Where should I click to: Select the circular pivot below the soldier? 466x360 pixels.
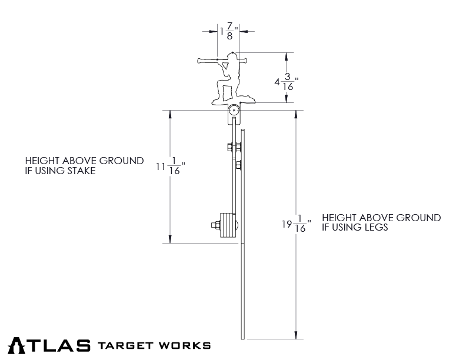coord(234,110)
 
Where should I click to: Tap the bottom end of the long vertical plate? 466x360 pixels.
coord(243,338)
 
